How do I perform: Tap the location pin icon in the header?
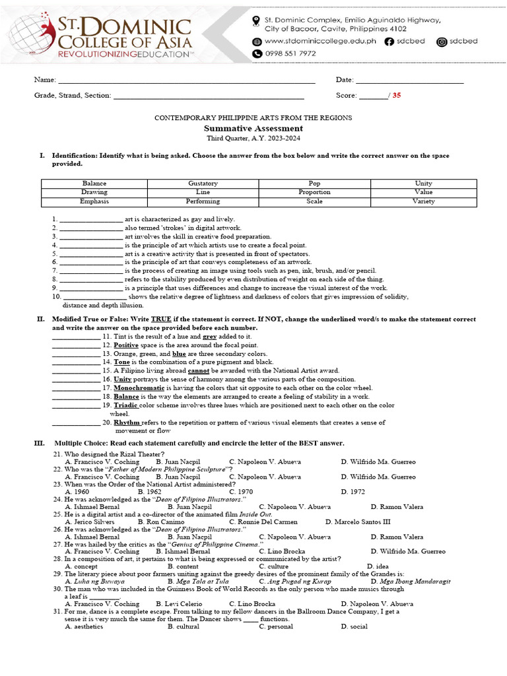256,22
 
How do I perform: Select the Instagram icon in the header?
442,42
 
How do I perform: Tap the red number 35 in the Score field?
397,95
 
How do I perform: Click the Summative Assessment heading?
253,128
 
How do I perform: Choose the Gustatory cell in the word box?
203,183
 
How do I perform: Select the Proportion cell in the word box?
314,192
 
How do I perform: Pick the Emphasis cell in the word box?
94,201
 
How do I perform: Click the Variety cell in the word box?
423,201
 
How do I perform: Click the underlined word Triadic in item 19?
126,405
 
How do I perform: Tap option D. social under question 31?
355,626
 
